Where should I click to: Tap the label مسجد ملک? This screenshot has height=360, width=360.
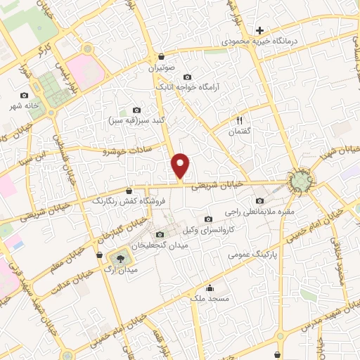(210, 300)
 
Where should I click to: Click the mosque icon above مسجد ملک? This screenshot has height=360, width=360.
(210, 288)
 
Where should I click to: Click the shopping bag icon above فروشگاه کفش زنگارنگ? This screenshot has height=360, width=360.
(129, 191)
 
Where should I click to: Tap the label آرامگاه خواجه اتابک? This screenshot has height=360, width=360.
(188, 87)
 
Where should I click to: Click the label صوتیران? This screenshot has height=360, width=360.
(162, 69)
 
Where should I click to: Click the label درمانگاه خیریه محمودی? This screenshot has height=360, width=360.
(260, 41)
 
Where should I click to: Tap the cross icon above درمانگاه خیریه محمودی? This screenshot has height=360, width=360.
(260, 30)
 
